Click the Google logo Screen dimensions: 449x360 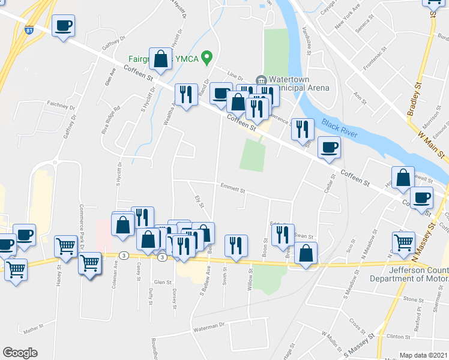pyautogui.click(x=20, y=353)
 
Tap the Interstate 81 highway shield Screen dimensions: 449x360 pyautogui.click(x=29, y=29)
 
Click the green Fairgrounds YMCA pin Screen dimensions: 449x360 pyautogui.click(x=207, y=59)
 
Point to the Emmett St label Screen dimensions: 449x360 pyautogui.click(x=233, y=188)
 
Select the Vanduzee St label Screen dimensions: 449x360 pyautogui.click(x=306, y=41)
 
